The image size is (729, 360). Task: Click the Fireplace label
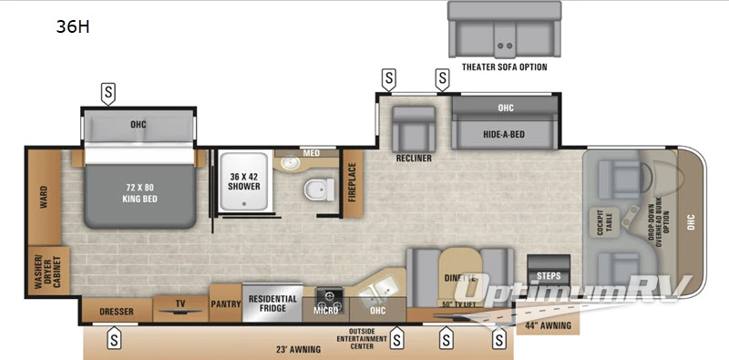click(x=352, y=182)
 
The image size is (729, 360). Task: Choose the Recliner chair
click(x=412, y=132)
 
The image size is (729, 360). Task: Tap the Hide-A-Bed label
click(x=506, y=134)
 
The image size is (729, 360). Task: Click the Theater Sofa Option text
click(x=505, y=67)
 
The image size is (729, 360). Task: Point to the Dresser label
click(x=116, y=312)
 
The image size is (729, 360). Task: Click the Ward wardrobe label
click(x=43, y=198)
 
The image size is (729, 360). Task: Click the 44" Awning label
click(x=548, y=324)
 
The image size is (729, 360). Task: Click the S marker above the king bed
click(x=108, y=92)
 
